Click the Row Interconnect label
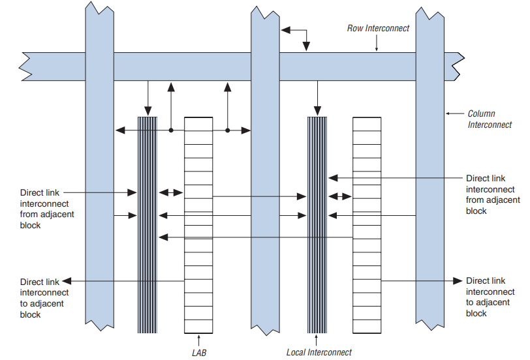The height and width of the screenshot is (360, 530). [378, 28]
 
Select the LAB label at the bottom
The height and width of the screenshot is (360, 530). [198, 352]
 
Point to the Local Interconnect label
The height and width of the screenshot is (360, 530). [319, 352]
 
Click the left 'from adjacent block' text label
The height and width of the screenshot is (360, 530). [43, 209]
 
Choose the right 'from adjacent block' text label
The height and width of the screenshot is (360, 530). [493, 194]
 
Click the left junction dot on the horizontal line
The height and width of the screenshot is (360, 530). [171, 130]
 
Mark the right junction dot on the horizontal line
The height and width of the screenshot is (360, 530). [228, 130]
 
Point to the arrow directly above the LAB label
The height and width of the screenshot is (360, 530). [198, 339]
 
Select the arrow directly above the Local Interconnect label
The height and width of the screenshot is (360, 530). [317, 339]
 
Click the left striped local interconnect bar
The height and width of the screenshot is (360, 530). [148, 224]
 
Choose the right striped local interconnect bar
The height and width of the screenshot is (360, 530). [317, 224]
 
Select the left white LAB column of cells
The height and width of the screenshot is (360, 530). [198, 224]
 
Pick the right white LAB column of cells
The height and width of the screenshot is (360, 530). [367, 224]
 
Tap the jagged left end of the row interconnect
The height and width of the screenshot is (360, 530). [26, 65]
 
